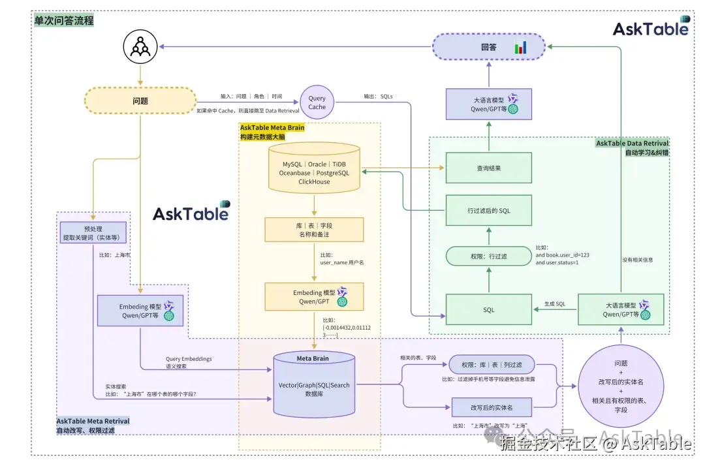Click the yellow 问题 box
[x=140, y=101]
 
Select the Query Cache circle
[x=317, y=102]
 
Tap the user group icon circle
[x=140, y=47]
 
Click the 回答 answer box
[x=490, y=47]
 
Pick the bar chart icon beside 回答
[x=521, y=48]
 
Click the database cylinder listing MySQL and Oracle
[x=314, y=169]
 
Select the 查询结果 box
[x=489, y=168]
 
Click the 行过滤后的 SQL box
[x=489, y=210]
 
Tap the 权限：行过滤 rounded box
[x=489, y=256]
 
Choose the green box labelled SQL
[x=489, y=309]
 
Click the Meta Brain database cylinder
[x=314, y=384]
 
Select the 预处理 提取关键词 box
[x=93, y=232]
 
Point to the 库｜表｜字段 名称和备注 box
[x=314, y=230]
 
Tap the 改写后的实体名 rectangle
[x=492, y=407]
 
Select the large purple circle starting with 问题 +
[x=621, y=386]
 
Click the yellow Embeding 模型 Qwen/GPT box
[x=314, y=297]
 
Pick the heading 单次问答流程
[x=64, y=20]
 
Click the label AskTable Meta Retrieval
[x=93, y=421]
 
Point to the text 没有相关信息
[x=637, y=260]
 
